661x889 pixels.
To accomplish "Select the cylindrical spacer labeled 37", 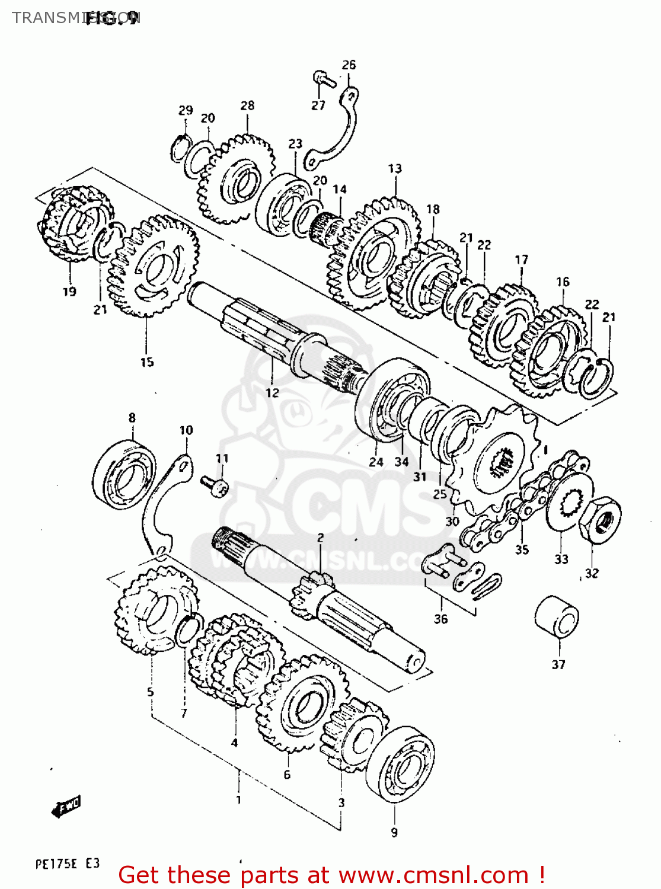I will click(x=557, y=618).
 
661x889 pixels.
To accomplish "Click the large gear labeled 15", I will click(x=154, y=266).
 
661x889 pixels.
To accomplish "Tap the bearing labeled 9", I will click(x=400, y=765).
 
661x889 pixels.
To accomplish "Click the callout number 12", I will click(x=272, y=392).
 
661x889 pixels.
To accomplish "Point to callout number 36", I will click(x=440, y=619).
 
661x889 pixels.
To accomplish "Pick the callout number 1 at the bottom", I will click(x=238, y=800).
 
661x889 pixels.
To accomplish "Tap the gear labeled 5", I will click(x=155, y=610).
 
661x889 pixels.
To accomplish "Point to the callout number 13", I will click(x=395, y=168).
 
